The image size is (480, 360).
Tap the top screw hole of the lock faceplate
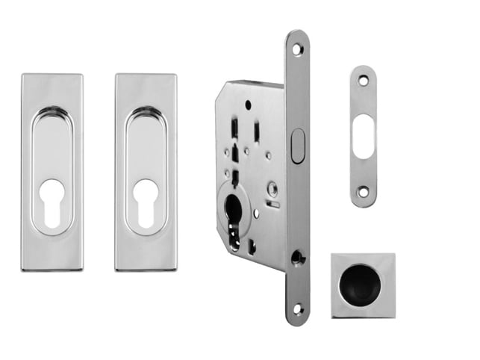tap(297, 49)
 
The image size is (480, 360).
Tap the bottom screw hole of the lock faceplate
tap(297, 308)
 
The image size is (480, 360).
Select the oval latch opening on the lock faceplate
tap(297, 146)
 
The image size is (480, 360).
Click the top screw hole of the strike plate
tap(363, 79)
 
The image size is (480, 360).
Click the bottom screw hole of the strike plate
tap(363, 192)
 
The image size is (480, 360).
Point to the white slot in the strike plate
tap(363, 136)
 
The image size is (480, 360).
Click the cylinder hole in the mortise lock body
tap(233, 211)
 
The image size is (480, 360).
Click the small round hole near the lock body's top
tap(248, 104)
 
